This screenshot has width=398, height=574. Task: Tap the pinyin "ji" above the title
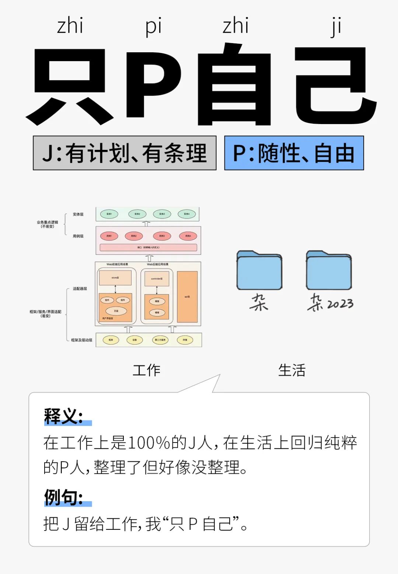(x=335, y=27)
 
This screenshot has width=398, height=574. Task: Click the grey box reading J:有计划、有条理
(x=125, y=153)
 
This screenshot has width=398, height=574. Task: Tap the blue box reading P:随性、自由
(x=294, y=153)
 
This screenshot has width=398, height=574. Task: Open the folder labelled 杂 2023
(x=329, y=270)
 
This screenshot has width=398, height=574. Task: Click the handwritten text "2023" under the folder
(x=340, y=304)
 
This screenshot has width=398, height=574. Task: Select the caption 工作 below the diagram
(x=147, y=370)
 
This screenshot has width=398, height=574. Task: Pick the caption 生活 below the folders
(x=292, y=370)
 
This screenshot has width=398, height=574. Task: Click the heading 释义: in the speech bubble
(x=63, y=416)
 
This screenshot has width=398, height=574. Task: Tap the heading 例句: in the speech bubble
(x=63, y=497)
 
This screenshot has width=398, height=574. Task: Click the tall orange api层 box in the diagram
(x=187, y=297)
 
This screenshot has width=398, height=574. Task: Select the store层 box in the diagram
(x=115, y=278)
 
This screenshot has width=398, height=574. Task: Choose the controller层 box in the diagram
(x=157, y=279)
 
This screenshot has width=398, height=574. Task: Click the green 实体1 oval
(x=109, y=214)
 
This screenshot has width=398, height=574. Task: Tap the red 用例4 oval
(x=188, y=236)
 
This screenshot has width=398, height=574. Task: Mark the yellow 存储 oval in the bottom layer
(x=185, y=340)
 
